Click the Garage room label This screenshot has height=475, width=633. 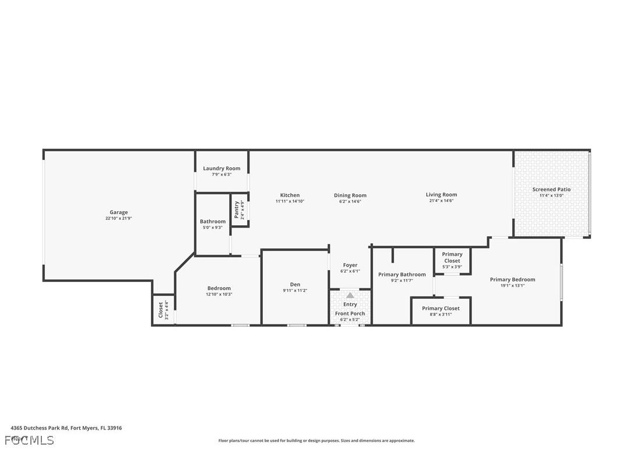pos(119,212)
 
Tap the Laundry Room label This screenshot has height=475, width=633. pos(221,169)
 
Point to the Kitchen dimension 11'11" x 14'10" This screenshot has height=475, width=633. pos(290,201)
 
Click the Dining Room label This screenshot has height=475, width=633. pos(350,195)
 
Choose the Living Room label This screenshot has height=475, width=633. pos(441,195)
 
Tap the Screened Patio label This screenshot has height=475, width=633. pos(551,190)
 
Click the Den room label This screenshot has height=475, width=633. pos(294,285)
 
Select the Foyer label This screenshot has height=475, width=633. pos(350,266)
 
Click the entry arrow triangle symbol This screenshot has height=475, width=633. pos(350,295)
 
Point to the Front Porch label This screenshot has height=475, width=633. pos(350,314)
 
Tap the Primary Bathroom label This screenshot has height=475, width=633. pos(402,274)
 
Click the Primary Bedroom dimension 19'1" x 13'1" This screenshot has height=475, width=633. pos(512,286)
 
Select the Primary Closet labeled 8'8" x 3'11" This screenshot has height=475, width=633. pos(441,308)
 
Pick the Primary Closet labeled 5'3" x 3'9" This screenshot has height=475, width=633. pos(452,257)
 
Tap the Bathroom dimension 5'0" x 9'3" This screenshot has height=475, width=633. pos(213,228)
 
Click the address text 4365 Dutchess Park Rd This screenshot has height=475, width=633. pos(66,428)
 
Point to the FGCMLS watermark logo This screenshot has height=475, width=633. pos(29,440)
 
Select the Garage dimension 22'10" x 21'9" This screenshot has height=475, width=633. pos(119,219)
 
